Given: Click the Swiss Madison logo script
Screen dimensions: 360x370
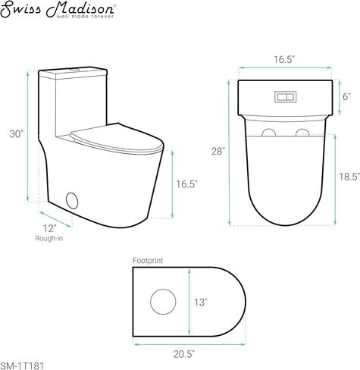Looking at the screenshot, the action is point(57,8).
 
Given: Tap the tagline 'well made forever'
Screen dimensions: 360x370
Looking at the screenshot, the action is point(85,17).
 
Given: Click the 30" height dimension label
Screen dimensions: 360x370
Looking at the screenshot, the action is point(17,134).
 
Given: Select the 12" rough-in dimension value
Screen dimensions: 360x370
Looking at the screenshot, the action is point(49,228).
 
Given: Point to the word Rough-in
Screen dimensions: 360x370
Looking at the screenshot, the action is point(49,238).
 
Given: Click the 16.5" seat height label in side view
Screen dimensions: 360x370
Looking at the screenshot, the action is point(186,184).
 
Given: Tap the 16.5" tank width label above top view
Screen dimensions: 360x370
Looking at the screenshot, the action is point(285,60).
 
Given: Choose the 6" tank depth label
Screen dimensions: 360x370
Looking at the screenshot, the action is point(346,96).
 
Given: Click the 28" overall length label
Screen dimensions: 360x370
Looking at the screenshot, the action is point(218,151).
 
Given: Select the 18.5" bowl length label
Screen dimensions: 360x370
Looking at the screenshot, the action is point(349,177).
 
